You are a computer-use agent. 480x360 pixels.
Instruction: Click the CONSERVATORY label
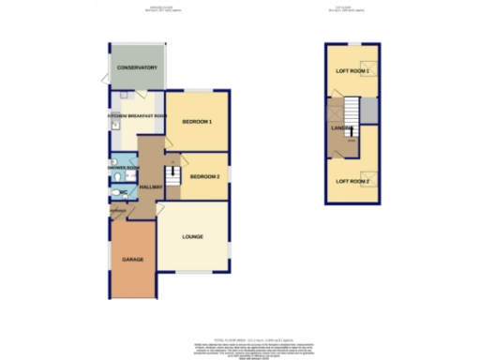pos(135,69)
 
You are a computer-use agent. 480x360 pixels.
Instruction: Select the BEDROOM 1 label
pos(197,123)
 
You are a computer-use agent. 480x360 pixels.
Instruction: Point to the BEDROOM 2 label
pos(204,177)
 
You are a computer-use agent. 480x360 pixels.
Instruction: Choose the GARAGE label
pos(132,258)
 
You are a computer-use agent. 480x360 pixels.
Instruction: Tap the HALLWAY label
pos(151,187)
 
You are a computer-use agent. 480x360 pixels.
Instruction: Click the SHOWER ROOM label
pos(124,168)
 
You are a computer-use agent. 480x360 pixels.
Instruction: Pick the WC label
pos(122,193)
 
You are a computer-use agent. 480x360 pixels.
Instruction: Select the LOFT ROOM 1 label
pos(352,71)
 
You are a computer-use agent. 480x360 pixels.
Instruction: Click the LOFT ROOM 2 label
pos(352,180)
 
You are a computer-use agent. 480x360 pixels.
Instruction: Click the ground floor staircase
pos(172,175)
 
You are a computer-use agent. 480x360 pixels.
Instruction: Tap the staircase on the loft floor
pos(352,111)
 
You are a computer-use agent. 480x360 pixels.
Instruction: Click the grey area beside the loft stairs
pos(370,112)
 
